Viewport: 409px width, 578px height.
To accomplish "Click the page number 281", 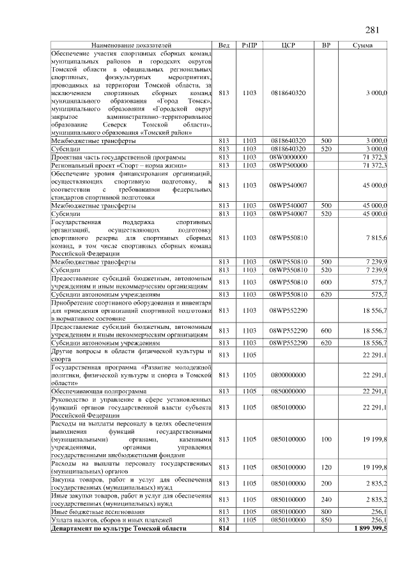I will (373, 31).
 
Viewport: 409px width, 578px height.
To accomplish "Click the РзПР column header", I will (250, 46).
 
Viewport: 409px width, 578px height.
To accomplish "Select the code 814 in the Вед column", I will (224, 528).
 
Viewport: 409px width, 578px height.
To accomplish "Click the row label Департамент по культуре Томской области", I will (119, 528).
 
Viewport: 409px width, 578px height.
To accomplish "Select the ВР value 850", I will (326, 520).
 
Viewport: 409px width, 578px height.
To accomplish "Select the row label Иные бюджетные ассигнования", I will (98, 512).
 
